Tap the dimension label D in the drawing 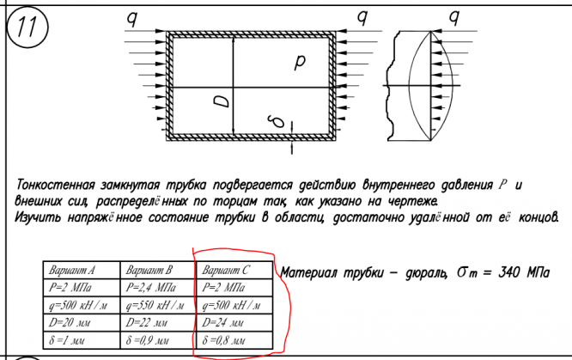point(222,101)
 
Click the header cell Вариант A point(73,269)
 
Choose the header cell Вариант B point(151,269)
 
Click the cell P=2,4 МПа point(152,287)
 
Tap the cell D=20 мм point(72,323)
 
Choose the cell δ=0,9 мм point(151,341)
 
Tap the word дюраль point(422,273)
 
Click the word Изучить point(40,217)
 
